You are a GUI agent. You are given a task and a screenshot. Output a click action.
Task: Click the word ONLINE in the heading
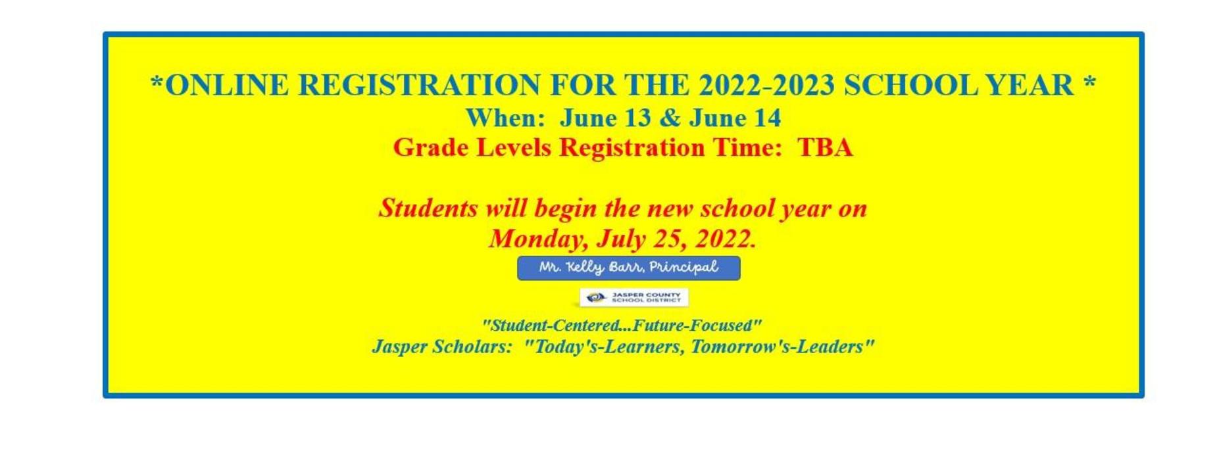click(x=226, y=86)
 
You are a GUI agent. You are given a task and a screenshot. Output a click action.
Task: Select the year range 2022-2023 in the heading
click(x=766, y=86)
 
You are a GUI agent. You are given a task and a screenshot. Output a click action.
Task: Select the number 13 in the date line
click(x=637, y=118)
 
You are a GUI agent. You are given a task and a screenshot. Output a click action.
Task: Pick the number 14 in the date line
click(x=768, y=118)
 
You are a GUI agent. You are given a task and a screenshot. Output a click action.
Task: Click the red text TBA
click(x=825, y=147)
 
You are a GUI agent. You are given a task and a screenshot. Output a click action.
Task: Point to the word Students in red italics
click(x=428, y=208)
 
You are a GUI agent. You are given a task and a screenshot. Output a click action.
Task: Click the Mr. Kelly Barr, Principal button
click(x=628, y=268)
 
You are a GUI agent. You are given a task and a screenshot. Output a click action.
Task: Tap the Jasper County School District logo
click(x=633, y=297)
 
